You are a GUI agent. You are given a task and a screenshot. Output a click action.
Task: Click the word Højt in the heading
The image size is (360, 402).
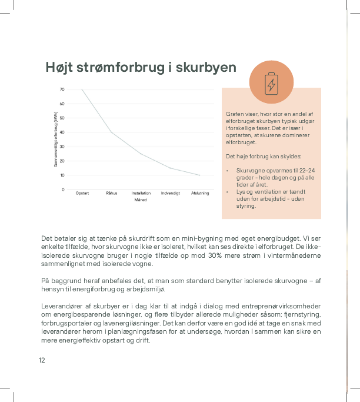[60, 68]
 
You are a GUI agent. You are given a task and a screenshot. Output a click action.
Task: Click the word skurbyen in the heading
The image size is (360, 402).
[206, 68]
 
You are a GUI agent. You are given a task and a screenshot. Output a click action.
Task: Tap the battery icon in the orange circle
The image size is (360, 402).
[271, 84]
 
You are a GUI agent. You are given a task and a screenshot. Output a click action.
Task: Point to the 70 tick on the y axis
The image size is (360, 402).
[62, 89]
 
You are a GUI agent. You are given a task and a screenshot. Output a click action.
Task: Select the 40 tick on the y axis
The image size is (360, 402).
[62, 132]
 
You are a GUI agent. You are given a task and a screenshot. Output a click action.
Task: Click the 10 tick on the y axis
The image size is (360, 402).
[62, 175]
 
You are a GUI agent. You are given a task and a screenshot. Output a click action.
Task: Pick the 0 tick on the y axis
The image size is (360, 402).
[63, 190]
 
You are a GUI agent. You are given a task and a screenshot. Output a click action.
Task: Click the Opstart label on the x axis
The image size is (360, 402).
[82, 194]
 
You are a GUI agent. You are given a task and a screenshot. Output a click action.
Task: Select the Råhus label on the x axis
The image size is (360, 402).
[112, 194]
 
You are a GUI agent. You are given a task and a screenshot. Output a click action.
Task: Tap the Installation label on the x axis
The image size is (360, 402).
[141, 194]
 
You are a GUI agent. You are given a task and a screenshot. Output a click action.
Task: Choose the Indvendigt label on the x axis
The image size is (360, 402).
[171, 194]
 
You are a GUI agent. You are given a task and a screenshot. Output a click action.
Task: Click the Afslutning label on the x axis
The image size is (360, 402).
[200, 194]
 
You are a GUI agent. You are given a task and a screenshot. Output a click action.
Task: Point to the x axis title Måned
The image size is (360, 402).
[141, 200]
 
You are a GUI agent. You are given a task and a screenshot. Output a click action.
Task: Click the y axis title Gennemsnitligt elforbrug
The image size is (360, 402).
[56, 139]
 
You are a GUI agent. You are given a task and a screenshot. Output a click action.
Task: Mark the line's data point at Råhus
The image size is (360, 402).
[112, 132]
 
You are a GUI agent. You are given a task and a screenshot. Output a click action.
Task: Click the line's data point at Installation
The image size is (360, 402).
[141, 154]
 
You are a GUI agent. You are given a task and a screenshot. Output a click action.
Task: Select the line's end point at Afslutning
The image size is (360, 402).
[200, 175]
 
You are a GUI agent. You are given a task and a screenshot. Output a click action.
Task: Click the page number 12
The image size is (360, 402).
[42, 360]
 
